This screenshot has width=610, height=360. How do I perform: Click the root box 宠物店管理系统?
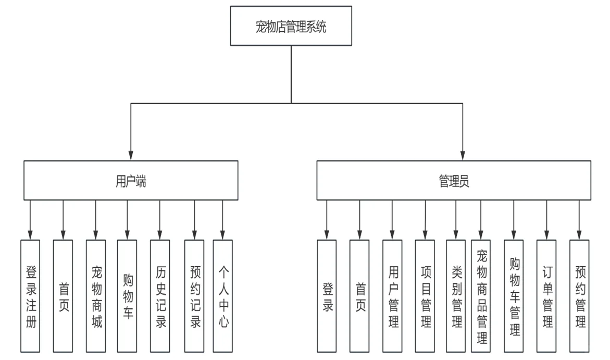291,26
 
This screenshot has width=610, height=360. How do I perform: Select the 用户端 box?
130,180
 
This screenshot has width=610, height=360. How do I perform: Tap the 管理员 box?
454,180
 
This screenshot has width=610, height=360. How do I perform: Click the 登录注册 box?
30,295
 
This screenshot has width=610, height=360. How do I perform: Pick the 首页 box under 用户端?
63,295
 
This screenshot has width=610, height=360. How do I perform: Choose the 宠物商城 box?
96,295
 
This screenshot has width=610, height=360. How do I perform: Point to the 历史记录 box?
160,295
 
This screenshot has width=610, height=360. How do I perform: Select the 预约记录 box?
194,295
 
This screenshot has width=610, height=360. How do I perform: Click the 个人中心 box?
222,295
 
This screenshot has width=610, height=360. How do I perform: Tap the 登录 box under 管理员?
327,295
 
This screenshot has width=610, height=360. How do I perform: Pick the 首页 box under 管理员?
359,295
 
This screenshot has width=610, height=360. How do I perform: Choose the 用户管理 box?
392,295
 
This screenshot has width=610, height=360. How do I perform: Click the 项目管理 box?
425,295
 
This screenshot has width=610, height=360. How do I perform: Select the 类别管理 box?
456,295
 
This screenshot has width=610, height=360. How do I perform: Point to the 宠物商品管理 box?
481,295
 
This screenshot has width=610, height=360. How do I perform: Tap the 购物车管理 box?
514,295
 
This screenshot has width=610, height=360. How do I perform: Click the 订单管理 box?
546,295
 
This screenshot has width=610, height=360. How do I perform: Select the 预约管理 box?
579,295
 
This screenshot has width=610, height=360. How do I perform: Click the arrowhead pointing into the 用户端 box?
130,156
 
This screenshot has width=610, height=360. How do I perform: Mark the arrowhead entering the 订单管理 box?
546,235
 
